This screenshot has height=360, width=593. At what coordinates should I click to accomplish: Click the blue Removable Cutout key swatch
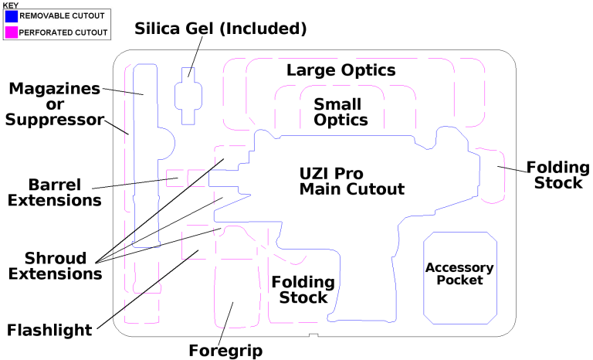click(11, 15)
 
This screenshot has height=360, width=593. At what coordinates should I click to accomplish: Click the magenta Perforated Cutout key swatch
click(11, 32)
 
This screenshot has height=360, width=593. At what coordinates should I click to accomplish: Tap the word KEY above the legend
click(10, 5)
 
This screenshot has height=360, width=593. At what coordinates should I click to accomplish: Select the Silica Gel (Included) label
click(221, 29)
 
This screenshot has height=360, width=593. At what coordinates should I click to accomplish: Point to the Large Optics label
click(341, 70)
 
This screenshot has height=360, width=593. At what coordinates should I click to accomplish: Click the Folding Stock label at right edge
click(557, 175)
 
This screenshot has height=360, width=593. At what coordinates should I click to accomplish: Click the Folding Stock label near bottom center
click(303, 290)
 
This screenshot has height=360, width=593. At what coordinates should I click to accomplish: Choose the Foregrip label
click(225, 351)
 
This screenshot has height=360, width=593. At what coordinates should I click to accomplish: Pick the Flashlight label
click(49, 330)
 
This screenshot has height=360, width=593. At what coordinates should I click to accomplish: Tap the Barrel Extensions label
click(54, 192)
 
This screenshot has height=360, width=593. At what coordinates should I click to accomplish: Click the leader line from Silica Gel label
click(194, 58)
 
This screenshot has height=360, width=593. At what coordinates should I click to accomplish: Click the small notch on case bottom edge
click(313, 335)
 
